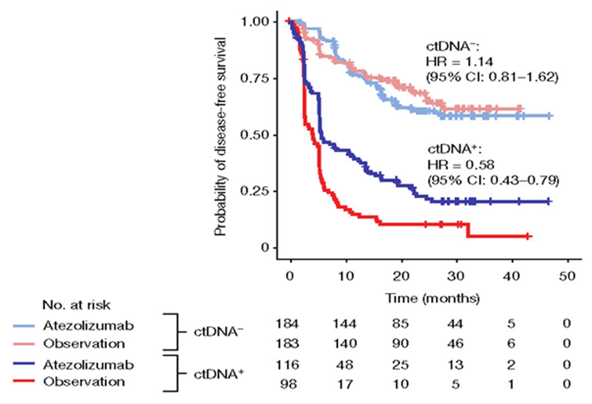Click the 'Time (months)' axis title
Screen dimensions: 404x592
(432, 299)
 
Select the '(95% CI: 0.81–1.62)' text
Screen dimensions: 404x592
(491, 77)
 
